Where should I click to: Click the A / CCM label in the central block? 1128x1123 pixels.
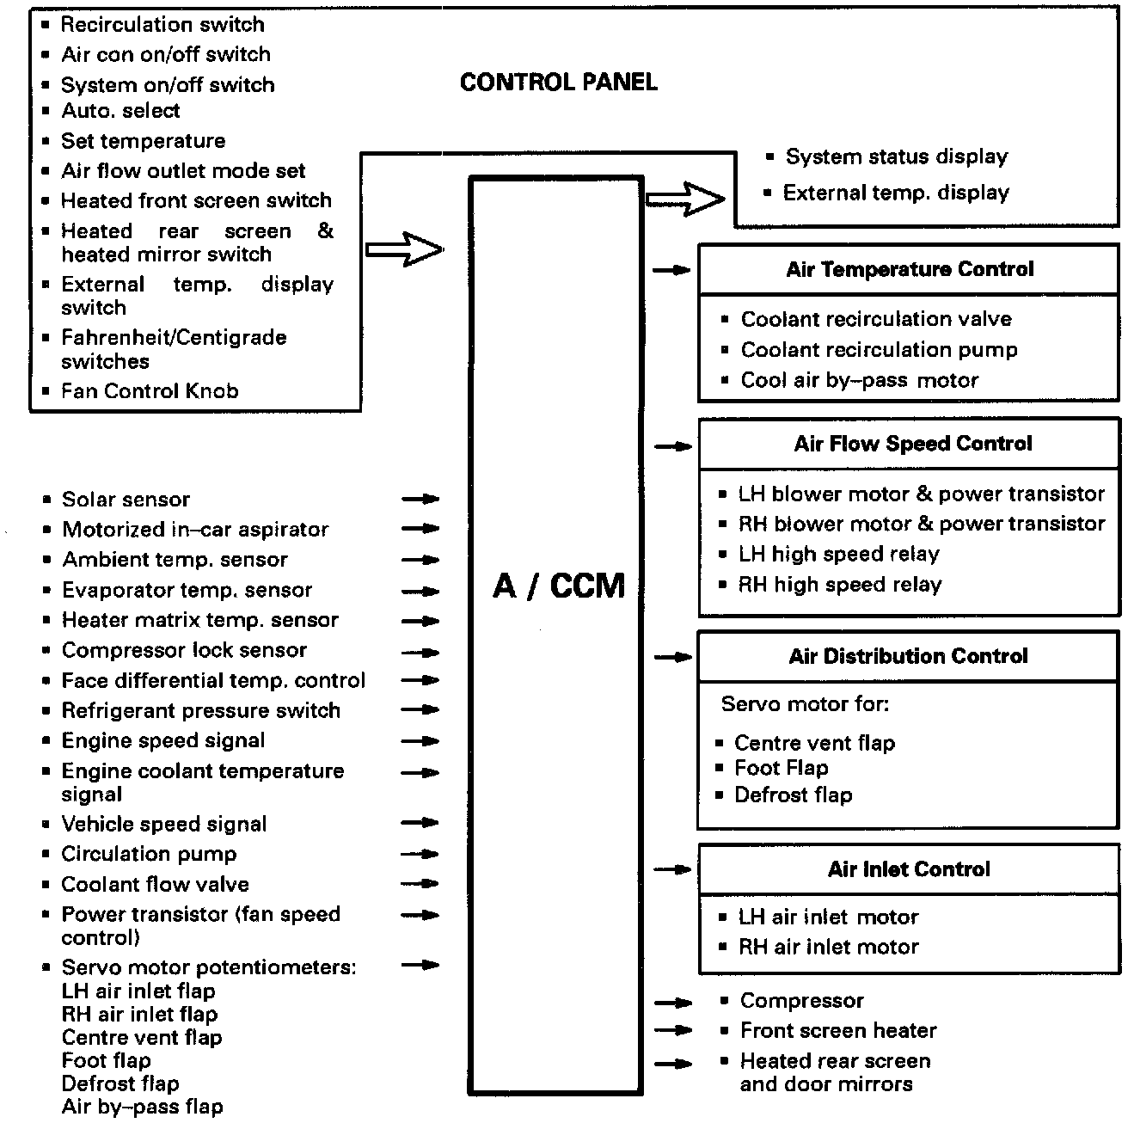coord(558,586)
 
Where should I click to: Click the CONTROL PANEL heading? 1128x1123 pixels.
coord(558,83)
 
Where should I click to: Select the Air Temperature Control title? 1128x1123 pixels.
coord(909,269)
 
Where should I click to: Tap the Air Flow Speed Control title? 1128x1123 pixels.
coord(912,444)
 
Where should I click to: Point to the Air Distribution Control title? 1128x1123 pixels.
coord(908,656)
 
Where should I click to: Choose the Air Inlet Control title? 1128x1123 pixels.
coord(909,869)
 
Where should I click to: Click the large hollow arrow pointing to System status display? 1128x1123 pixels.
coord(685,200)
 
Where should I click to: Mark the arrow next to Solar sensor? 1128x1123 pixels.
coord(420,499)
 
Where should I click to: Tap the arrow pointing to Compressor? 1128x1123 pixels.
coord(673,1002)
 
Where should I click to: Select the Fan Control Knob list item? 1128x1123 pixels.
coord(150,391)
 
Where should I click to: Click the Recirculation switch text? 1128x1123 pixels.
coord(162,24)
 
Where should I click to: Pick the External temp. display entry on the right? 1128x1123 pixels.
coord(895,193)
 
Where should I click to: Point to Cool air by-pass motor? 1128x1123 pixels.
coord(859,380)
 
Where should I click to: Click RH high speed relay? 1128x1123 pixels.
coord(839,585)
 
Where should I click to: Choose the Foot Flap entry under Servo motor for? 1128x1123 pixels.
coord(781,768)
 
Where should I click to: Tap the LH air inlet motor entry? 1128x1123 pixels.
coord(828,917)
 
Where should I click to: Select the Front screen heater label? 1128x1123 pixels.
coord(837,1030)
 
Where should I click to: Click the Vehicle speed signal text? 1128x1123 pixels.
coord(163,824)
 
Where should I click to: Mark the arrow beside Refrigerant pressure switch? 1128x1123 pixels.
coord(420,710)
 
